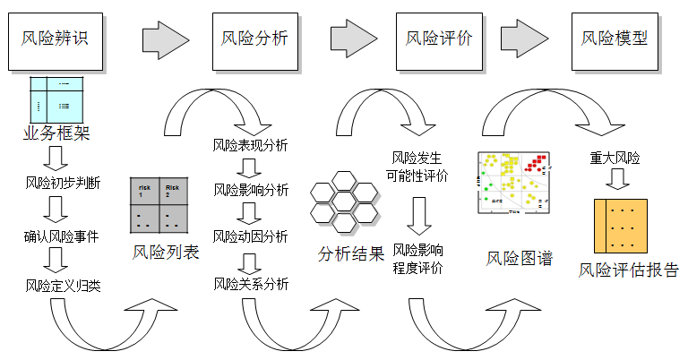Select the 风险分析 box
click(254, 39)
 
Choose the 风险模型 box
click(614, 39)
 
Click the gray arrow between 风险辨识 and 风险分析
click(162, 39)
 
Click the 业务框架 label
click(57, 134)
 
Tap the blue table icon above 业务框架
click(57, 99)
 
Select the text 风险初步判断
click(62, 184)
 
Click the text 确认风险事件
click(61, 237)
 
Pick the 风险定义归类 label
click(62, 287)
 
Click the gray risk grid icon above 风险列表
click(162, 204)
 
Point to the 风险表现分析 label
click(250, 145)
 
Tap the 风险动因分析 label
click(250, 236)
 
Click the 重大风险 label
click(615, 158)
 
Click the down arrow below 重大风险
click(616, 179)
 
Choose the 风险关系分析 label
click(250, 284)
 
